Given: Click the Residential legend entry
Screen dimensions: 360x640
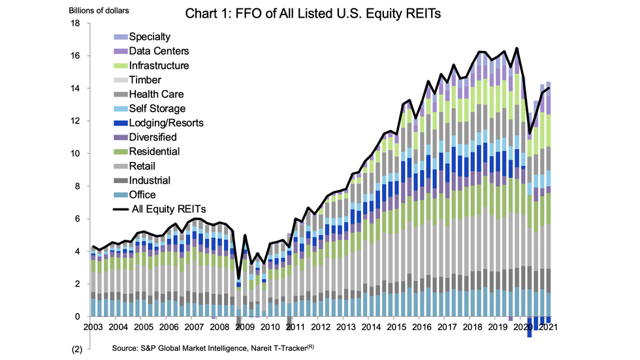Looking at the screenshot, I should (x=154, y=152).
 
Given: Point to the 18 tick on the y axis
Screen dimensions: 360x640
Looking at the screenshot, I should (x=75, y=24).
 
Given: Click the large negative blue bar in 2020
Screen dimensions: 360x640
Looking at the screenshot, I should (x=530, y=327).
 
